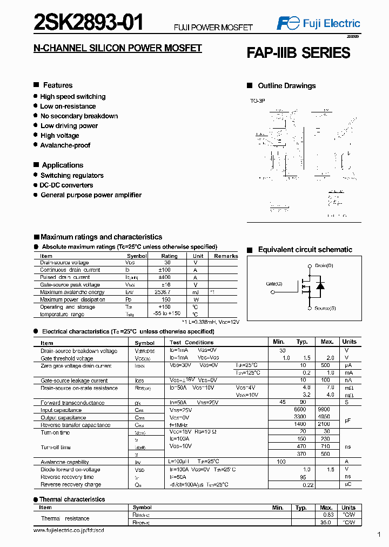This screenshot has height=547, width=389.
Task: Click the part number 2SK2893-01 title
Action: click(x=89, y=23)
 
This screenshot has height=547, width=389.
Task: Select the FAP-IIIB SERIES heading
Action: click(x=298, y=53)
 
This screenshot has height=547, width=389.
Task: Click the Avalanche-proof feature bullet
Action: click(x=65, y=145)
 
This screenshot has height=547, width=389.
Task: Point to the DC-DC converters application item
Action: click(x=66, y=185)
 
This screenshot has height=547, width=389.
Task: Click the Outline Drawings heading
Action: click(x=286, y=86)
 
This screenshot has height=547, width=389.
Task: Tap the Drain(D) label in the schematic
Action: click(x=324, y=266)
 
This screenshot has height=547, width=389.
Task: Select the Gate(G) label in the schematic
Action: click(x=274, y=284)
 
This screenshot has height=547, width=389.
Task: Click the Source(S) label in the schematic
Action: click(x=325, y=308)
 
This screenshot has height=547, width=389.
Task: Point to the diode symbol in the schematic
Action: click(x=320, y=286)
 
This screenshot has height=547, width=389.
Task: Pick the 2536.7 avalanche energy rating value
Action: click(x=169, y=292)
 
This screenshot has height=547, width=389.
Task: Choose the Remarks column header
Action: click(x=225, y=256)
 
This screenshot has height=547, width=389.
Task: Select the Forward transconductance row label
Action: click(x=72, y=403)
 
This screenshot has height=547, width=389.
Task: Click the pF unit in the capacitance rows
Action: click(x=349, y=419)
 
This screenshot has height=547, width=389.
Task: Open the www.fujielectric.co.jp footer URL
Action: click(x=69, y=531)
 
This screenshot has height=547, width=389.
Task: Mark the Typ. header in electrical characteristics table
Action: click(x=301, y=342)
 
